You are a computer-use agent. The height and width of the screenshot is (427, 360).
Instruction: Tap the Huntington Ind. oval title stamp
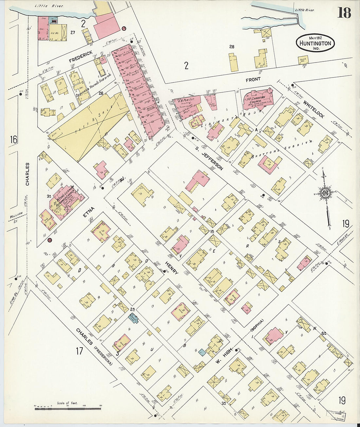click(x=315, y=43)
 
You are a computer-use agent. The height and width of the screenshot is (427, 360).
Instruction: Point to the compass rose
click(x=326, y=193)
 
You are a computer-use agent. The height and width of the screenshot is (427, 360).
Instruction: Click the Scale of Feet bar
click(x=67, y=408)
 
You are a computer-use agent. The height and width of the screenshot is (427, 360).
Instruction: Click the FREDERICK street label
click(x=81, y=56)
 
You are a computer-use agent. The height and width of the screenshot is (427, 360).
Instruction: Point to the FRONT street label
click(x=253, y=79)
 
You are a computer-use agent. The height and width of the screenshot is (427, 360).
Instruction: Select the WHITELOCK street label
click(x=313, y=109)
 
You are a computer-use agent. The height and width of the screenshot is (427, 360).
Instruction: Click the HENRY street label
click(x=171, y=268)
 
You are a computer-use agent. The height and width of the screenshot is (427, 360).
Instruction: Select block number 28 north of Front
click(x=232, y=47)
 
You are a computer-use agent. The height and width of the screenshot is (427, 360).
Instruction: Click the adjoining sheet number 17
click(x=80, y=351)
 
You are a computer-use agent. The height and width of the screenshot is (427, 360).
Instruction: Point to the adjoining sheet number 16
click(x=13, y=140)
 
